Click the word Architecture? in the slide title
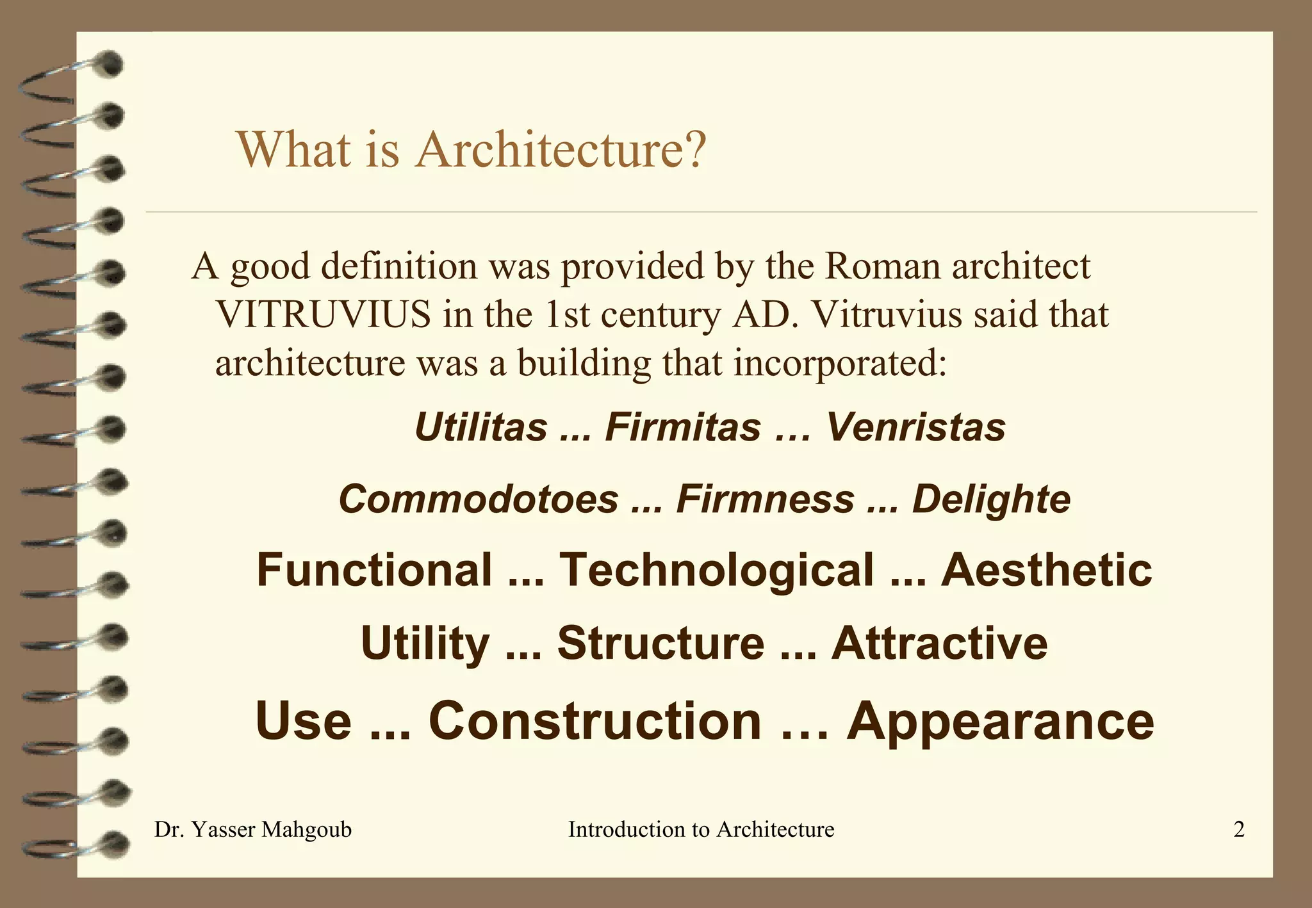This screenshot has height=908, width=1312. tap(561, 149)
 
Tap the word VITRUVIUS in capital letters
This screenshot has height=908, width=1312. tap(324, 314)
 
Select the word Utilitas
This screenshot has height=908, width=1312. tap(481, 427)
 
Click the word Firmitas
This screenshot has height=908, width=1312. tap(683, 427)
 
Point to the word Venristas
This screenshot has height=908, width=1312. tap(916, 427)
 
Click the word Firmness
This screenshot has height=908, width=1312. tap(766, 499)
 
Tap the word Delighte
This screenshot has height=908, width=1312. tap(991, 499)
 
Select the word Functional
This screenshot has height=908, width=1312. tap(374, 570)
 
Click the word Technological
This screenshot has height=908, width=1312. tap(716, 570)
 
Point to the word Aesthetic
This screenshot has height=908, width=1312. tap(1046, 570)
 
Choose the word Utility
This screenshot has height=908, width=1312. tap(425, 643)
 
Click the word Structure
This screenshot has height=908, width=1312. tap(660, 643)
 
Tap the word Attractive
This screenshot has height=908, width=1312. tap(939, 643)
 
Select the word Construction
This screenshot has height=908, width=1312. tap(595, 721)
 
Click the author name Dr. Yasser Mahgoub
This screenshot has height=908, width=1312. tap(253, 830)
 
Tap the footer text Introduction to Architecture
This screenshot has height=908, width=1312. tap(701, 830)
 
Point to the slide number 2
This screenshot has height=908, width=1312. tap(1239, 830)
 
